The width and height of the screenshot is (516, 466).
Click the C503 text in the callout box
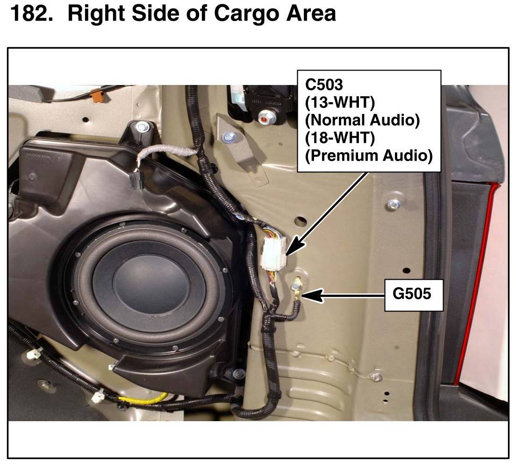(324, 85)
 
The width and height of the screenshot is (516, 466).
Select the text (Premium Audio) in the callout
(369, 155)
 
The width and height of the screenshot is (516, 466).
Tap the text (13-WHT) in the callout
(340, 103)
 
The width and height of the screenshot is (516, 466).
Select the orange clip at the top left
(99, 96)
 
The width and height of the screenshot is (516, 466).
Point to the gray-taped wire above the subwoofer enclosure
(167, 152)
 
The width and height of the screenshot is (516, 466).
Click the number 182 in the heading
(31, 14)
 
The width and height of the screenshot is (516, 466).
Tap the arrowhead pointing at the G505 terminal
(311, 295)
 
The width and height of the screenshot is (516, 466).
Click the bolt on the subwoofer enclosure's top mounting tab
(142, 127)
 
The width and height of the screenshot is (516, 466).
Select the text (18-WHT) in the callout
(340, 138)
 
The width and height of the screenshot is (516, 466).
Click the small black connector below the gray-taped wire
(136, 181)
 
